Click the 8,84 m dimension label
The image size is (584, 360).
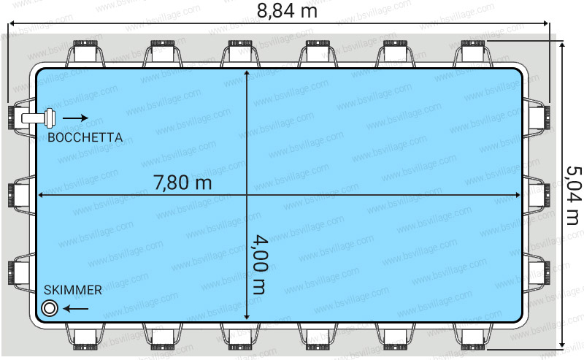(x=287, y=10)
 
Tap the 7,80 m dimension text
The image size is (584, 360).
(x=182, y=183)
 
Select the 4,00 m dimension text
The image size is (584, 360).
(x=260, y=264)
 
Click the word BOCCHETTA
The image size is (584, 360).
(x=85, y=137)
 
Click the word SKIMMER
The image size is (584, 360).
(x=72, y=290)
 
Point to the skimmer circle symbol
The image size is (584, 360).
(x=50, y=308)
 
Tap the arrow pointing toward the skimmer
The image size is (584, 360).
(x=76, y=309)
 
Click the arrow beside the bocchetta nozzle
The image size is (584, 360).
(x=75, y=118)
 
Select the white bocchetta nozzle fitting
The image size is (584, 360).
(x=39, y=118)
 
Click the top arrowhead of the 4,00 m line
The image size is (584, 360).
(x=247, y=73)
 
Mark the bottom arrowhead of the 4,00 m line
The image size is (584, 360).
(x=247, y=317)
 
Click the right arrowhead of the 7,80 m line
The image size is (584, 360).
(x=517, y=195)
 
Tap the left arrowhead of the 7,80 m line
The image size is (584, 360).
(x=42, y=195)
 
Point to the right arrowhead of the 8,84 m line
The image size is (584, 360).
(x=546, y=23)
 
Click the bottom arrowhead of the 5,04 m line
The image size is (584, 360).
(x=562, y=345)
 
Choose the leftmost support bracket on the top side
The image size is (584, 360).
(x=85, y=53)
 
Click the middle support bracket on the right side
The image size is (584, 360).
(x=537, y=195)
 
